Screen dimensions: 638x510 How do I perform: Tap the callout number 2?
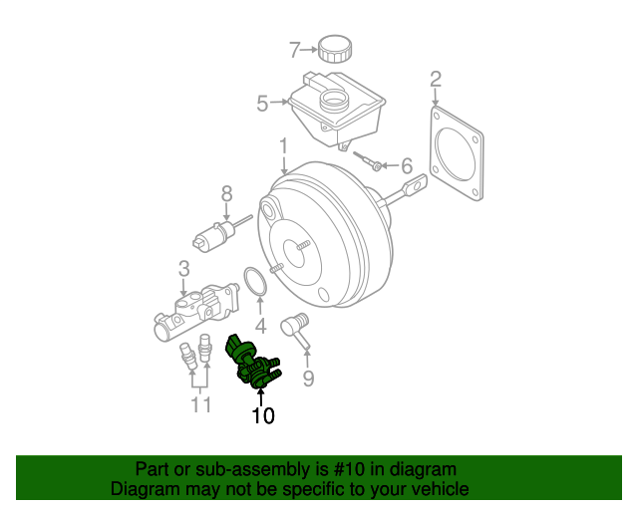coord(435,79)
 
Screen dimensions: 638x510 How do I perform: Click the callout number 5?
coord(263,102)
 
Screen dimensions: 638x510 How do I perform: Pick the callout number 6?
coord(406,165)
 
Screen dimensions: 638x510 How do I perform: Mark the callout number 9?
coord(308,378)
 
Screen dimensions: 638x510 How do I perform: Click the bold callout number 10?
coord(263,415)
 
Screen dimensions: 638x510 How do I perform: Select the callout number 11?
coord(201,403)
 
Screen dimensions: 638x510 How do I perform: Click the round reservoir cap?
coord(333,47)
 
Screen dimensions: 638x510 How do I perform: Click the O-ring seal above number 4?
coord(256,281)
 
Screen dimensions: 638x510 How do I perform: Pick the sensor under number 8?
coord(213,237)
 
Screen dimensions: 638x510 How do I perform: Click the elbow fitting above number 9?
coord(295,326)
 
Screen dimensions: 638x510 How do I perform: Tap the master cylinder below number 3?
coord(198,311)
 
